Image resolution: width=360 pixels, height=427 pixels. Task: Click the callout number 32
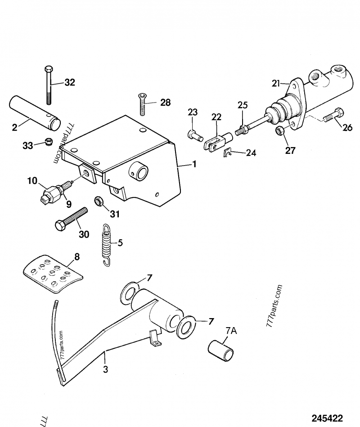click(70, 82)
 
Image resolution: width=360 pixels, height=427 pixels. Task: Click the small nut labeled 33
click(46, 143)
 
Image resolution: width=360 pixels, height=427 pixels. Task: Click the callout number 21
click(275, 83)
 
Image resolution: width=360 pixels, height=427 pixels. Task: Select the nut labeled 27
click(279, 131)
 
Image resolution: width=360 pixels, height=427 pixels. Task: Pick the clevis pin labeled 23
click(193, 134)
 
